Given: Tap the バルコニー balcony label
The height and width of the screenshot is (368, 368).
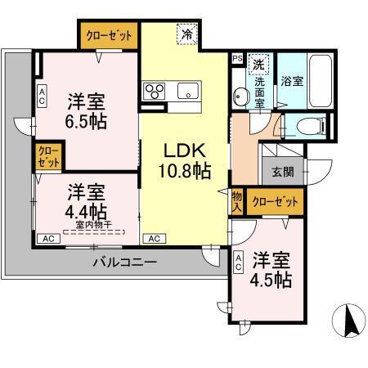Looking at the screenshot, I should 124,262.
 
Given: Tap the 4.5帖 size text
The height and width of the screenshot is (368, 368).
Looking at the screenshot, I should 272,280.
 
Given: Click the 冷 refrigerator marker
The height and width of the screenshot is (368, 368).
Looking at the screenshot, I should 188,36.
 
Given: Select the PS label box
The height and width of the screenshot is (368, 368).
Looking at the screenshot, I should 237,59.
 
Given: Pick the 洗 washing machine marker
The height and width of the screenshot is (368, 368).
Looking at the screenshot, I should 257,64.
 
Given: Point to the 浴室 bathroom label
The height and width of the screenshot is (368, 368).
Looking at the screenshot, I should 292,82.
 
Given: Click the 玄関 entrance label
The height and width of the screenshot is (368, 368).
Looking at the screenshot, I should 282,172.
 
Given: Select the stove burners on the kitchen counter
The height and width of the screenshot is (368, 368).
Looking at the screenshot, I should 155,90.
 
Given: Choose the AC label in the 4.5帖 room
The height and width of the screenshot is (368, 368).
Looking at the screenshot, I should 238,262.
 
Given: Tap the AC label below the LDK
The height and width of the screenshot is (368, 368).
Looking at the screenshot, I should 152,239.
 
